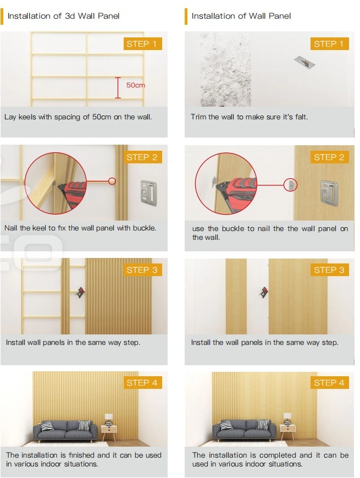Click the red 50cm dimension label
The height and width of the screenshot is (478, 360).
click(135, 86)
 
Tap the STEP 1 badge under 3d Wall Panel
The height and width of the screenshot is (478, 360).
click(142, 44)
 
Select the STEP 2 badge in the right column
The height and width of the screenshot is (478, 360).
click(329, 157)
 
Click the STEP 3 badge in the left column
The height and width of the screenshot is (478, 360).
click(142, 270)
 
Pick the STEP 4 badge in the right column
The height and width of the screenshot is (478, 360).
click(329, 383)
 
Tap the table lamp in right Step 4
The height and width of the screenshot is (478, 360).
click(287, 418)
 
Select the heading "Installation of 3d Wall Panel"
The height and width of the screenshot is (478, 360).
click(63, 16)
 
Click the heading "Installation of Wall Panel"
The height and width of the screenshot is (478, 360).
click(241, 16)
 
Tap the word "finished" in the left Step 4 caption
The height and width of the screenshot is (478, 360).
click(81, 455)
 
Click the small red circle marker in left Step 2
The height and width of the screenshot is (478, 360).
click(112, 180)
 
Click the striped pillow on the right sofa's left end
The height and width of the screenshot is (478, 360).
click(226, 426)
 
